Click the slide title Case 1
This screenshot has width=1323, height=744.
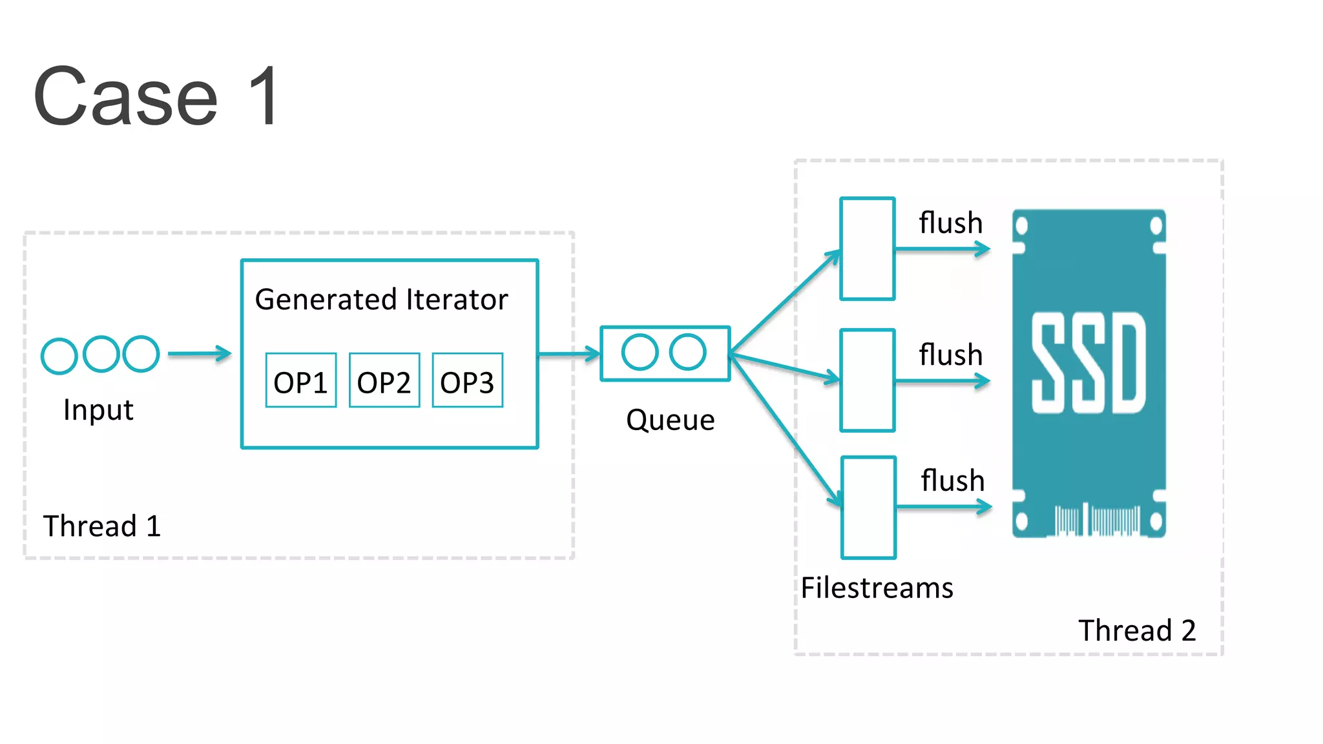coord(157,97)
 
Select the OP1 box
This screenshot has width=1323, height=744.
coord(301,381)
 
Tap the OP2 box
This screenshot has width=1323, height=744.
coord(384,381)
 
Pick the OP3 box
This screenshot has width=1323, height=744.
coord(468,381)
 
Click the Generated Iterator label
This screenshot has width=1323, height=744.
coord(381,300)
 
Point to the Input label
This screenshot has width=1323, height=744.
coord(98,410)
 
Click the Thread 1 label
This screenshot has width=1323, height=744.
coord(102,526)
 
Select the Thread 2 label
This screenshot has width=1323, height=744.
coord(1137,630)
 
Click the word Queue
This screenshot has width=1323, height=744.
coord(671,420)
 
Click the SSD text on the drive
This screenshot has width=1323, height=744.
coord(1089,364)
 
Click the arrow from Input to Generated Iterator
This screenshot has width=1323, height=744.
coord(199,354)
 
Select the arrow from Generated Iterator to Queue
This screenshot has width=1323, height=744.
coord(568,354)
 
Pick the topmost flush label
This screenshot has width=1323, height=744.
coord(951,223)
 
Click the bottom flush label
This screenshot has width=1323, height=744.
coord(953,481)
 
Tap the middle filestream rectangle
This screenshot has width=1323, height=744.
coord(868,380)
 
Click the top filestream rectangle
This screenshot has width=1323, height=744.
coord(868,249)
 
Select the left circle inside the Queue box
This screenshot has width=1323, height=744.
coord(640,353)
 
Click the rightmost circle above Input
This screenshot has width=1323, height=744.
coord(141,354)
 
